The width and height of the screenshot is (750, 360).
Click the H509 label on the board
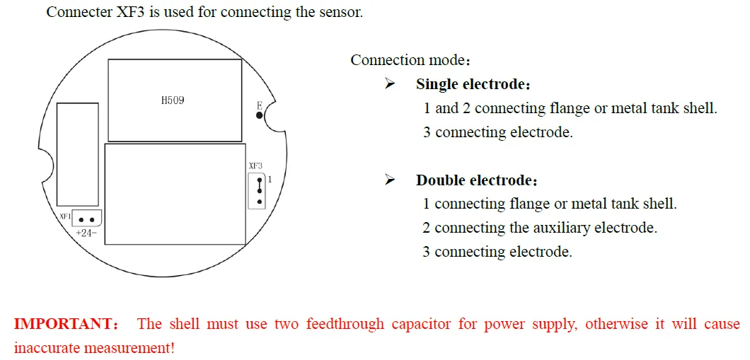pos(173,100)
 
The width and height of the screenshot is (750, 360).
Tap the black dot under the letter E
pos(260,115)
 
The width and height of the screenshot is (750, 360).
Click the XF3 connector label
pos(255,166)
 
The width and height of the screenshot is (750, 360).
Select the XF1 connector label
pos(64,216)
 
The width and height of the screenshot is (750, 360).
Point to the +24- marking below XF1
pos(86,233)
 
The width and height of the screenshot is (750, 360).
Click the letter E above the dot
pos(260,104)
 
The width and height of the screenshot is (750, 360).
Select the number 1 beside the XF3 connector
pos(270,180)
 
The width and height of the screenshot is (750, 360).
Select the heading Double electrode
pos(476,180)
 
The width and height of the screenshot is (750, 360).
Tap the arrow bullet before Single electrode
pos(390,84)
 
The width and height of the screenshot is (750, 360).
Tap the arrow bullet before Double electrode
pos(390,180)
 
